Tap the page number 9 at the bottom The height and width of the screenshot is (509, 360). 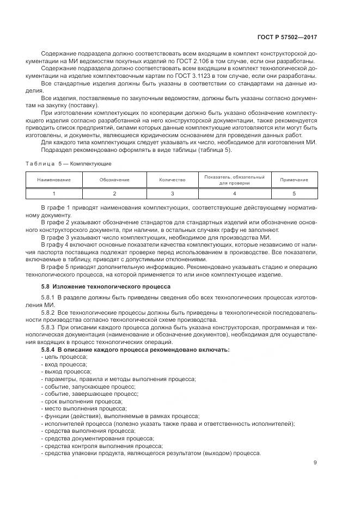click(315, 463)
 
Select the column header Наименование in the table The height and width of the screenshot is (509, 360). click(54, 180)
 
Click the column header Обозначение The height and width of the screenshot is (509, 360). click(114, 180)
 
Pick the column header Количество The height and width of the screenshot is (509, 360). click(172, 180)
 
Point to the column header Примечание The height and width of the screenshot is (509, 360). click(294, 180)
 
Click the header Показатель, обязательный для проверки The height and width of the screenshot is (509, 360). click(234, 180)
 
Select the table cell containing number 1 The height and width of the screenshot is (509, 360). click(54, 193)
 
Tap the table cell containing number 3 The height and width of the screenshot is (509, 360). click(172, 193)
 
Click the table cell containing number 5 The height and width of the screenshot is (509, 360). click(294, 193)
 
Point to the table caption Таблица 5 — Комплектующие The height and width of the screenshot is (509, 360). click(69, 163)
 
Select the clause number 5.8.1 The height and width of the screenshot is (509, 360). click(48, 299)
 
